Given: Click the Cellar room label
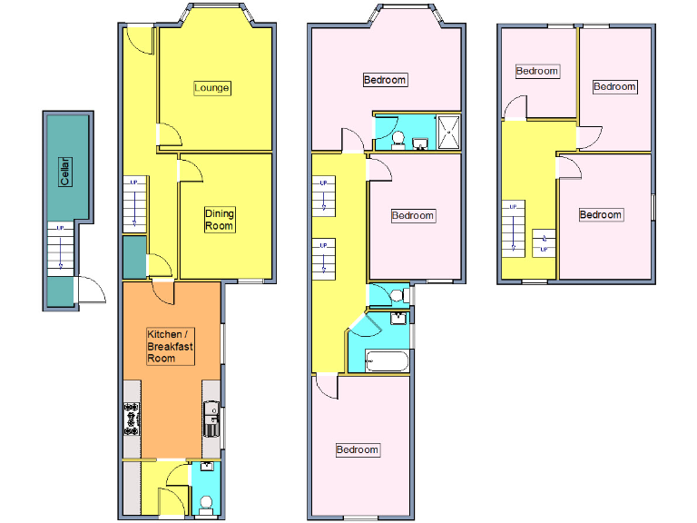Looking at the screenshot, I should (65, 172).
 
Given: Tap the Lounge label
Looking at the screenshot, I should (212, 88).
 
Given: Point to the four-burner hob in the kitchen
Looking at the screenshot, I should (131, 419).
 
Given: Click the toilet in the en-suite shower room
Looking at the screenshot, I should (398, 139).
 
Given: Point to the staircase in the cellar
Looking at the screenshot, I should (60, 248).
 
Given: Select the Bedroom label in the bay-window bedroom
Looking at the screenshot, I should (385, 80).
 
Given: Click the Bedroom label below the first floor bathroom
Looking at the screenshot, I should (358, 449).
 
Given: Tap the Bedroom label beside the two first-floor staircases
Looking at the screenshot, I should (413, 216).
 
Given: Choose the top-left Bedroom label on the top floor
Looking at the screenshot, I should (537, 71).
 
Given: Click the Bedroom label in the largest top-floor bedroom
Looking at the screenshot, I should (601, 214).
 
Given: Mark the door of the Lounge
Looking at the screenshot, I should (171, 135).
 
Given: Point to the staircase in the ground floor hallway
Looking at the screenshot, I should (134, 205).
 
